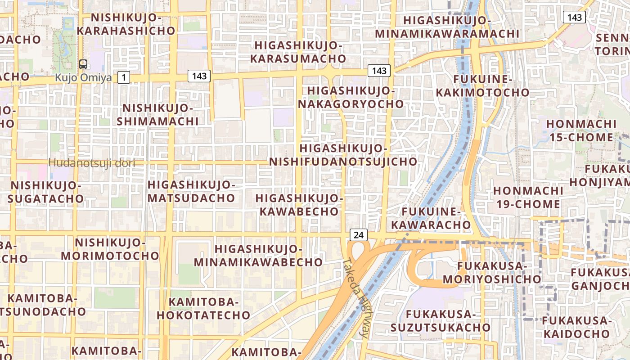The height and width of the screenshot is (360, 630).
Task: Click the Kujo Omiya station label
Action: point(83,78)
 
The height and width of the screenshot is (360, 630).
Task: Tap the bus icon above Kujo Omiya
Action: point(83,64)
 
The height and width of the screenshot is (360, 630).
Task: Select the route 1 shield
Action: point(124,77)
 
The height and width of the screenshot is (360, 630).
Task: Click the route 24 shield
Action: point(358,234)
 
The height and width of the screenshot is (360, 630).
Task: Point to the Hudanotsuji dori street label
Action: point(92,163)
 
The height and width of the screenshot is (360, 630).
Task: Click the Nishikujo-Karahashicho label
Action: point(126,24)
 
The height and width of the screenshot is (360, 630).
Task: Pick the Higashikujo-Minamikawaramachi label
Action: point(447,27)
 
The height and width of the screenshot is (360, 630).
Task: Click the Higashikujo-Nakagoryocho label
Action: point(351,97)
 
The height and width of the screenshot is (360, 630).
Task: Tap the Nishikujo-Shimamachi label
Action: point(157,115)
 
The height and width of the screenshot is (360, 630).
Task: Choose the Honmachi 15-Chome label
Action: point(581,130)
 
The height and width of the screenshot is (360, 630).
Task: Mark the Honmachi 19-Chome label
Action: point(528,197)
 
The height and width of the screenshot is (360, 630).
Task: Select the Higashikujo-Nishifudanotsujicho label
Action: point(343,155)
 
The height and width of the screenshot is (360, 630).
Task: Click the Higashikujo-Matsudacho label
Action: point(191,191)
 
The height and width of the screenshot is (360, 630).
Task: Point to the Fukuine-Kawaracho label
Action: point(431,218)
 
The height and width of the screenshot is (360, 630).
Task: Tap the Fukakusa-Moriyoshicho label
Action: point(492,273)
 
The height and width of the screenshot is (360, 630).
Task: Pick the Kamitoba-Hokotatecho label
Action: point(203,308)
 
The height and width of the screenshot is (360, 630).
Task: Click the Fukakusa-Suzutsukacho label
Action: point(440,320)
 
